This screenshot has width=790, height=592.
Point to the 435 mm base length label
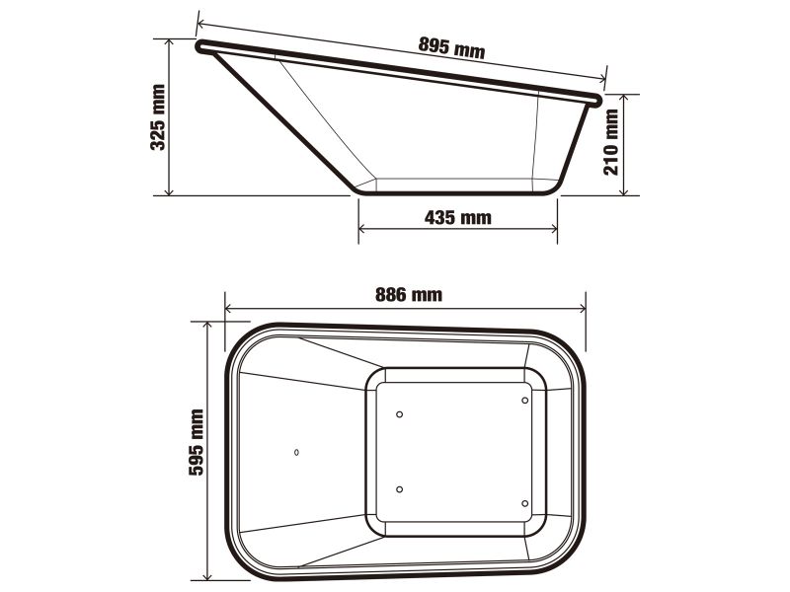pos(457,218)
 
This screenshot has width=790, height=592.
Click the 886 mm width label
pos(409,294)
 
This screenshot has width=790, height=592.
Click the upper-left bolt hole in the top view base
pos(399,414)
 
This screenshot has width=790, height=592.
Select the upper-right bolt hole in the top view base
pos(524,401)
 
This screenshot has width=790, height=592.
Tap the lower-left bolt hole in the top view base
pos(399,490)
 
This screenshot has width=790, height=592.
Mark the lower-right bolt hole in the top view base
pos(524,503)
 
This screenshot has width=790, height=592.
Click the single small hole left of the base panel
pos(297,452)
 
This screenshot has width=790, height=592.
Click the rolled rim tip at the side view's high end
pos(201,45)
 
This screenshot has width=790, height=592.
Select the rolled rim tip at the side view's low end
pos(595,98)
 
